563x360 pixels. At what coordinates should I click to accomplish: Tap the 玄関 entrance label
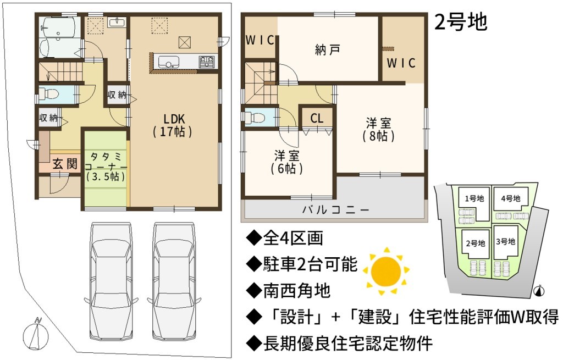[x=65, y=164]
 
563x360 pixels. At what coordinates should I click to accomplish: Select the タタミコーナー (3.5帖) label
[x=106, y=167]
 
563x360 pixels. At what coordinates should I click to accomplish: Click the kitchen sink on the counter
[x=169, y=62]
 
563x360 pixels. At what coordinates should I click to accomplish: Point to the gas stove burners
[x=207, y=61]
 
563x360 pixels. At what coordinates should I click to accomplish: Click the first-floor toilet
[x=49, y=94]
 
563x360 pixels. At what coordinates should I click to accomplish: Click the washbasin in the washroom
[x=117, y=22]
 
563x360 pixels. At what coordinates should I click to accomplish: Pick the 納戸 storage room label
[x=327, y=50]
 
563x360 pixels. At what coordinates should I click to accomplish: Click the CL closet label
[x=317, y=118]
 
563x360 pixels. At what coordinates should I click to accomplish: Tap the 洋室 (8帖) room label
[x=378, y=130]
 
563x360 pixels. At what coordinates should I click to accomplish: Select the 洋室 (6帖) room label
[x=286, y=162]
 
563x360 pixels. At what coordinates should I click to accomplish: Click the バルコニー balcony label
[x=335, y=209]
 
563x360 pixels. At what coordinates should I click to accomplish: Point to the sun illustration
[x=386, y=270]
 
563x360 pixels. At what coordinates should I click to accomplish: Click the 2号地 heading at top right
[x=461, y=22]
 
